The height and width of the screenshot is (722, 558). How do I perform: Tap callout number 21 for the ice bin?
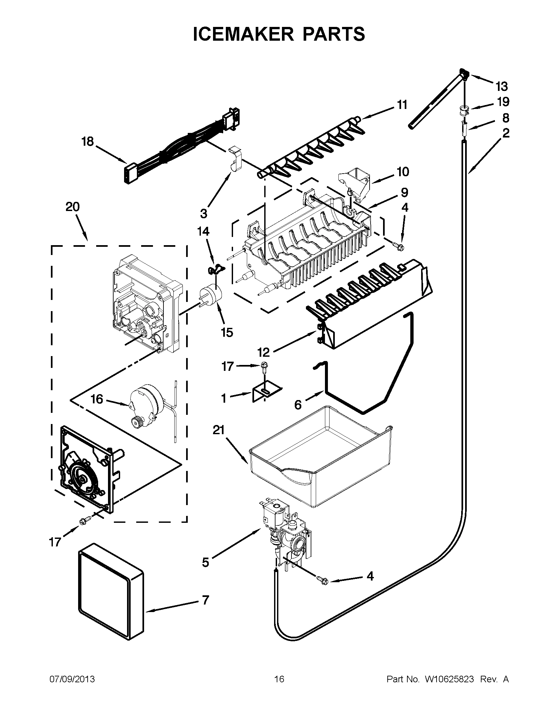pyautogui.click(x=219, y=431)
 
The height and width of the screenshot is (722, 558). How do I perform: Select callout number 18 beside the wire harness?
pyautogui.click(x=88, y=142)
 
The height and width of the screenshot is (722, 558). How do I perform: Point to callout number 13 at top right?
pyautogui.click(x=502, y=87)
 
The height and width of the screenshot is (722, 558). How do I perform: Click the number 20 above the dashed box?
pyautogui.click(x=73, y=207)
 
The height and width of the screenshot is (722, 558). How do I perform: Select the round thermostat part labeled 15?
pyautogui.click(x=210, y=295)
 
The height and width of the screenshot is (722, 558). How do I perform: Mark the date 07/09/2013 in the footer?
pyautogui.click(x=72, y=679)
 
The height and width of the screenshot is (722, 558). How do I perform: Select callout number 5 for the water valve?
pyautogui.click(x=205, y=562)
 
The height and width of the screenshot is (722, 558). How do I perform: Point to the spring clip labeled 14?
pyautogui.click(x=215, y=270)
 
